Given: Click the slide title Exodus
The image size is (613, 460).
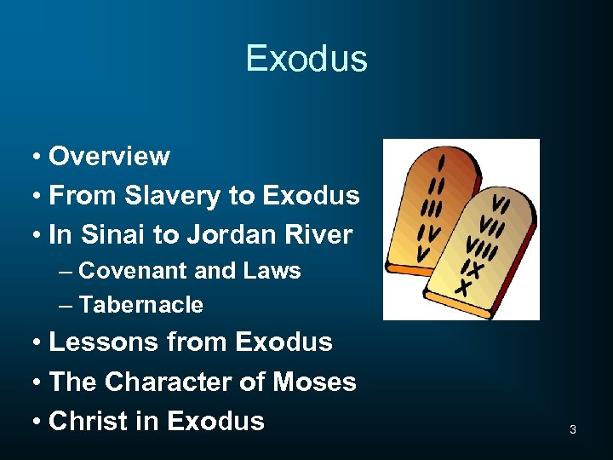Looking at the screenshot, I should point(306,59).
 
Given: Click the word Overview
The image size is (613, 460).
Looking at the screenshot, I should point(109,157).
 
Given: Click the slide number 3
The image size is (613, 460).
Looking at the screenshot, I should point(572,430).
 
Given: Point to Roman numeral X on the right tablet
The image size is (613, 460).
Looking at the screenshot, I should point(463,288).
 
